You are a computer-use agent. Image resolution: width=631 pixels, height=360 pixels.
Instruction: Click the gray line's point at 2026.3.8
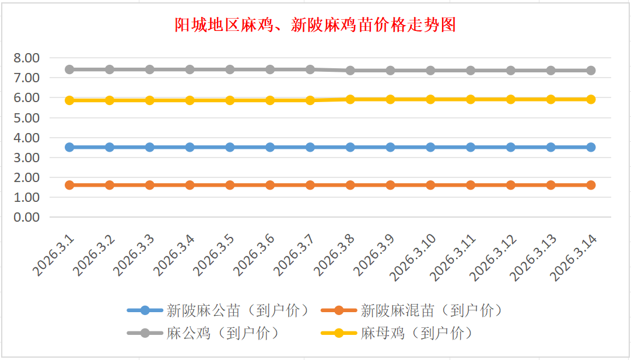point(350,71)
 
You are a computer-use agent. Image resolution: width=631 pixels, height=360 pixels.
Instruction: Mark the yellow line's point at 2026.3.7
point(310,100)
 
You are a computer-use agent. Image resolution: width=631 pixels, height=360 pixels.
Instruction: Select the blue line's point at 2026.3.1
point(69,147)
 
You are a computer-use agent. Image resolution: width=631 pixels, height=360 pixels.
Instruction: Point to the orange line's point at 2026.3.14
point(591,185)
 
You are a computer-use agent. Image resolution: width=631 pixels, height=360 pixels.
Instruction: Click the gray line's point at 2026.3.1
point(69,69)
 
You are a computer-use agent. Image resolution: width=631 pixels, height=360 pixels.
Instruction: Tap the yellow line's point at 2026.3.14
point(591,99)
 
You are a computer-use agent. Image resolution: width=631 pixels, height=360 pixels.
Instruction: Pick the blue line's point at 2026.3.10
point(430,147)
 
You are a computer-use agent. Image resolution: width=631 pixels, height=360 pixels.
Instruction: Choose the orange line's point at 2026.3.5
point(230,185)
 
